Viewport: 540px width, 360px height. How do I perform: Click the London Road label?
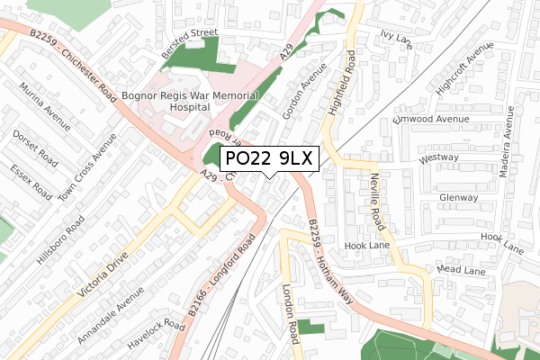coord(289,316)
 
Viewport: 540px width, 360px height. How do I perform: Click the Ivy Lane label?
coord(395,37)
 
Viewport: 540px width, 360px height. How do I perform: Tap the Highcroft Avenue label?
coord(454,73)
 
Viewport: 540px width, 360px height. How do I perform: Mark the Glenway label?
coord(458,198)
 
